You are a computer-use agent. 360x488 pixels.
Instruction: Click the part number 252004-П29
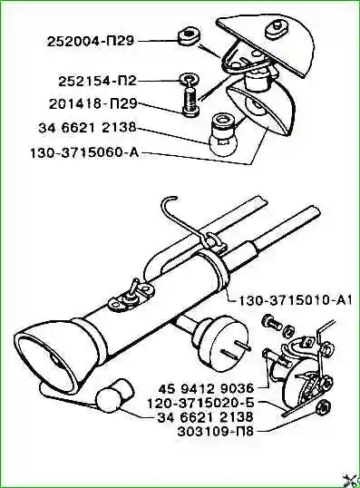pyautogui.click(x=91, y=41)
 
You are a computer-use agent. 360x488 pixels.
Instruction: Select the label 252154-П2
pyautogui.click(x=97, y=82)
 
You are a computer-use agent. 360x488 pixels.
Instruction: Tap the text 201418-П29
pyautogui.click(x=93, y=103)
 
